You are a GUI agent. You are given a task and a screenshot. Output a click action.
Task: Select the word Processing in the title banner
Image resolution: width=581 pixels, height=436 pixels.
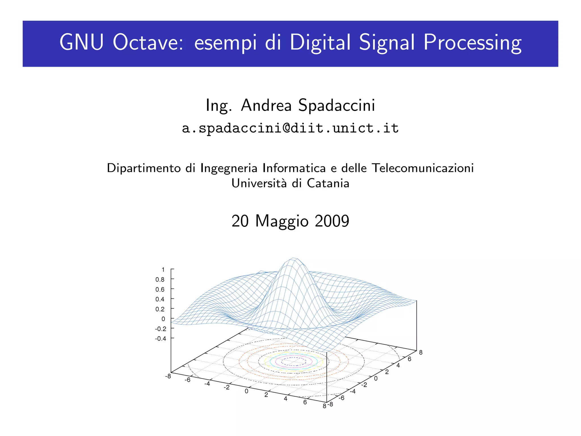pyautogui.click(x=472, y=43)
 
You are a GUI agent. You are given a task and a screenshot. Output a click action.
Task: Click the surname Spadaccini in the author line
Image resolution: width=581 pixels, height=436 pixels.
pyautogui.click(x=336, y=105)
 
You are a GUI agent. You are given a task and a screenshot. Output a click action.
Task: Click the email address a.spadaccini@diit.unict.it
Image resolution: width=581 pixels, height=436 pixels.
pyautogui.click(x=290, y=128)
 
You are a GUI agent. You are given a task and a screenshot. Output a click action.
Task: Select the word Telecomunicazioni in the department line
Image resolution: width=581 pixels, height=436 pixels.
pyautogui.click(x=423, y=168)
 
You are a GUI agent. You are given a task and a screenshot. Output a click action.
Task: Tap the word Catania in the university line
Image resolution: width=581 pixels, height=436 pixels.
pyautogui.click(x=328, y=183)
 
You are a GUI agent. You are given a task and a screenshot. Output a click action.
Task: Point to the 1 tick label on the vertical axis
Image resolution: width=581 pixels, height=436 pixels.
pyautogui.click(x=163, y=269)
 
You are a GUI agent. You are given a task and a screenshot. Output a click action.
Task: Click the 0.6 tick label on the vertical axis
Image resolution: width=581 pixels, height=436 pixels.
pyautogui.click(x=160, y=289)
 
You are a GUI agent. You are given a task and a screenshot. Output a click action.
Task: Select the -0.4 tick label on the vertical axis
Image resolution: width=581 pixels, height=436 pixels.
pyautogui.click(x=161, y=338)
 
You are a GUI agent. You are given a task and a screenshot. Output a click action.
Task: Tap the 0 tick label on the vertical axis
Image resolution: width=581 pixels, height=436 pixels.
pyautogui.click(x=163, y=319)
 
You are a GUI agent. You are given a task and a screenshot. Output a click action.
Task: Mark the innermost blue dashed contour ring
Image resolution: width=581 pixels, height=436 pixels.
pyautogui.click(x=294, y=361)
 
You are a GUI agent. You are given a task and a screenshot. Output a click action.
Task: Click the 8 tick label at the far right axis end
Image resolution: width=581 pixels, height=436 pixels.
pyautogui.click(x=421, y=353)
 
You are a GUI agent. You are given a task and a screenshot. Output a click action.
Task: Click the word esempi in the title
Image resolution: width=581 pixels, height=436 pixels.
pyautogui.click(x=226, y=43)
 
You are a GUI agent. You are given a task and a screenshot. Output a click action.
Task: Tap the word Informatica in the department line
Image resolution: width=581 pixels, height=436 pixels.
pyautogui.click(x=294, y=168)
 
